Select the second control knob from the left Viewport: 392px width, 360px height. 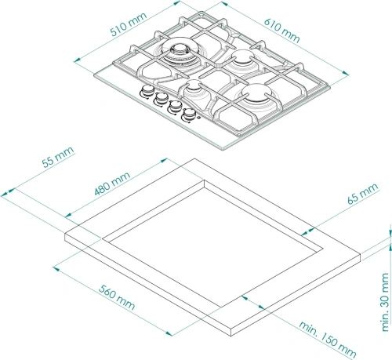[160, 100]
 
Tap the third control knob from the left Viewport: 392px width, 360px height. [175, 108]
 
